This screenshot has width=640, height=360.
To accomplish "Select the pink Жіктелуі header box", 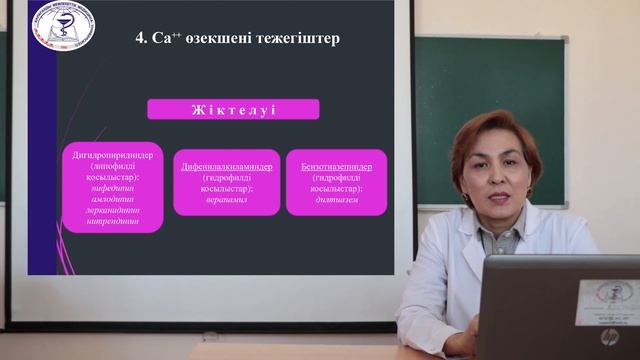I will click(x=233, y=109).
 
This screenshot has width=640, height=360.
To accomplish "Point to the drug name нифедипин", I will click(x=112, y=188).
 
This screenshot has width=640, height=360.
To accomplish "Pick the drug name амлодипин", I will click(x=112, y=199).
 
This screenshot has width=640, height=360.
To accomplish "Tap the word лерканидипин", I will click(x=112, y=211).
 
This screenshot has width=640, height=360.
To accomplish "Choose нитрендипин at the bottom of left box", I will click(x=112, y=223).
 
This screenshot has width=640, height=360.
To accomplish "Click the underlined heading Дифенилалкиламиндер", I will click(x=226, y=166).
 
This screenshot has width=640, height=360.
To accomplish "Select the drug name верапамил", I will click(x=226, y=199).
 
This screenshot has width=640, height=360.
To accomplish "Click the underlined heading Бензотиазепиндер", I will click(x=335, y=166).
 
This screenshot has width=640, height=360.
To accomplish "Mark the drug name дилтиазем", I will click(x=335, y=199).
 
